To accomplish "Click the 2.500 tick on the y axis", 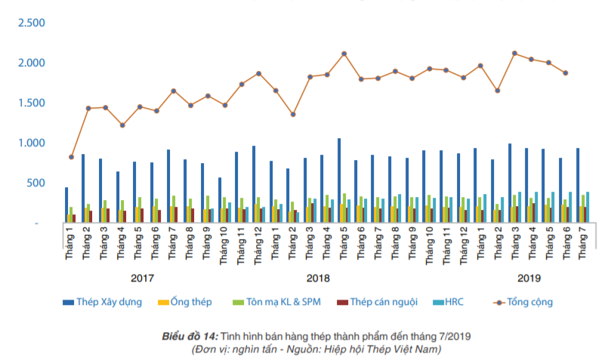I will tap(32, 23).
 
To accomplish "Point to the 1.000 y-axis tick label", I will tap(32, 143).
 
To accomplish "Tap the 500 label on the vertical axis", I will tap(36, 183).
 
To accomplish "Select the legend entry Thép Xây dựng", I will tap(110, 302).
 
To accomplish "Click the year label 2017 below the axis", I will tap(143, 278).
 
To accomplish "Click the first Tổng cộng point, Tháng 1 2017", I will tap(71, 157).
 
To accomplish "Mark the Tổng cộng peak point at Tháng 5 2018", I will tap(344, 54).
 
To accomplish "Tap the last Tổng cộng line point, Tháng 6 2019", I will tap(565, 73).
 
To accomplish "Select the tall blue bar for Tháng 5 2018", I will tap(339, 180).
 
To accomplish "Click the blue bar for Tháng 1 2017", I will tap(66, 205).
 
